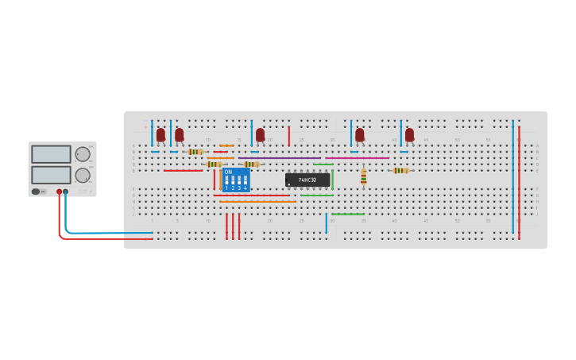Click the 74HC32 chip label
(307, 180)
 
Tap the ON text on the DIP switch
(228, 172)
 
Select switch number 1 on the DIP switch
(226, 181)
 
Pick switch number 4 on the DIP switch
(245, 181)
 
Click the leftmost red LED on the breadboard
(160, 135)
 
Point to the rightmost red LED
(409, 135)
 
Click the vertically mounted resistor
(363, 176)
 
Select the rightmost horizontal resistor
(400, 170)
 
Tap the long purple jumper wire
(278, 157)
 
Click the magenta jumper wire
(358, 157)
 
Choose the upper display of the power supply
(51, 154)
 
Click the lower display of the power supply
(51, 174)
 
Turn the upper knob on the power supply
(83, 154)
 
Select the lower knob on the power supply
(83, 175)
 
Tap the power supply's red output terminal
(59, 192)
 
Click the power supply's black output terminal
(65, 192)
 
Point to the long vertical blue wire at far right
(512, 175)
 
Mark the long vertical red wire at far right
(519, 183)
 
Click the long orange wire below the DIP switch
(257, 202)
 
